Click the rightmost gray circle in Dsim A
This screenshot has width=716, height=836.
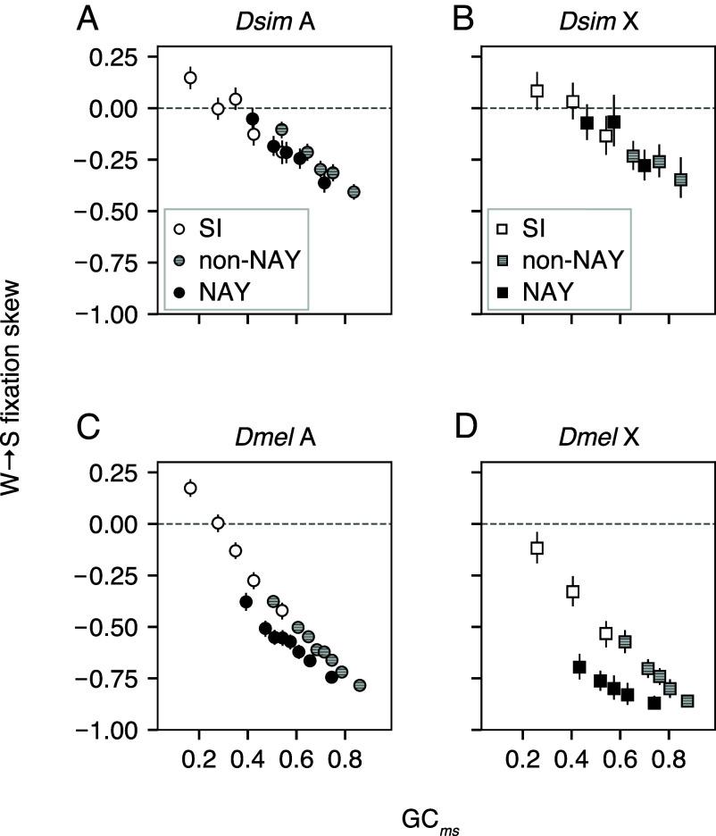[354, 191]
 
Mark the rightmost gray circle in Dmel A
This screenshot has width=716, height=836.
[360, 685]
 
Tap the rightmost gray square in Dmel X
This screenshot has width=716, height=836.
[687, 701]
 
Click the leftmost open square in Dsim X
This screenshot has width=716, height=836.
[537, 91]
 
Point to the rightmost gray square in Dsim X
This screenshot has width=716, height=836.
[680, 180]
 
